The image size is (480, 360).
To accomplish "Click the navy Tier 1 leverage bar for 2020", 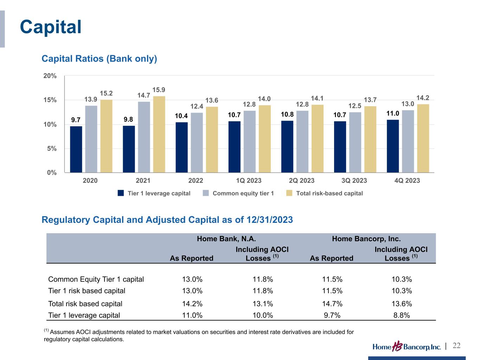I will tap(76, 149).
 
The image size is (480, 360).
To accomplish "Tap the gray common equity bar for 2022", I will tap(197, 142).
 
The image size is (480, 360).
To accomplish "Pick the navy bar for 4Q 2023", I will tap(392, 146).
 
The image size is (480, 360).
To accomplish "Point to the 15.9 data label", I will tap(159, 90).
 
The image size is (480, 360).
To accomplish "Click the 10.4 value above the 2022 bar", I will tap(181, 116).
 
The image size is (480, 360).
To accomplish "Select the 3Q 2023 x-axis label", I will tap(354, 181).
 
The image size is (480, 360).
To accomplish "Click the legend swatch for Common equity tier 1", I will tap(206, 193).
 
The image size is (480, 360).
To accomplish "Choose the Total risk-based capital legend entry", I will tap(329, 193).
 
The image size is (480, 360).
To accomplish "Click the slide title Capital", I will tap(51, 27).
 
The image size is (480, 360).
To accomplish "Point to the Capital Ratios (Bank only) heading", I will tap(99, 59).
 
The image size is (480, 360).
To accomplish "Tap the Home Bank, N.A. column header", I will tap(226, 239).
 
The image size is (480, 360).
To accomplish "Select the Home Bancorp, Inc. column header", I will tap(366, 239).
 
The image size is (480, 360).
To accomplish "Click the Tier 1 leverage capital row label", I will tap(84, 315).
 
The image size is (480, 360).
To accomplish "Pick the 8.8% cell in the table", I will tap(402, 315).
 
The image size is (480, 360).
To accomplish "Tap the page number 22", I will tap(456, 346).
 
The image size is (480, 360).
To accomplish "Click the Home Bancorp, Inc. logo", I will tap(407, 347).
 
